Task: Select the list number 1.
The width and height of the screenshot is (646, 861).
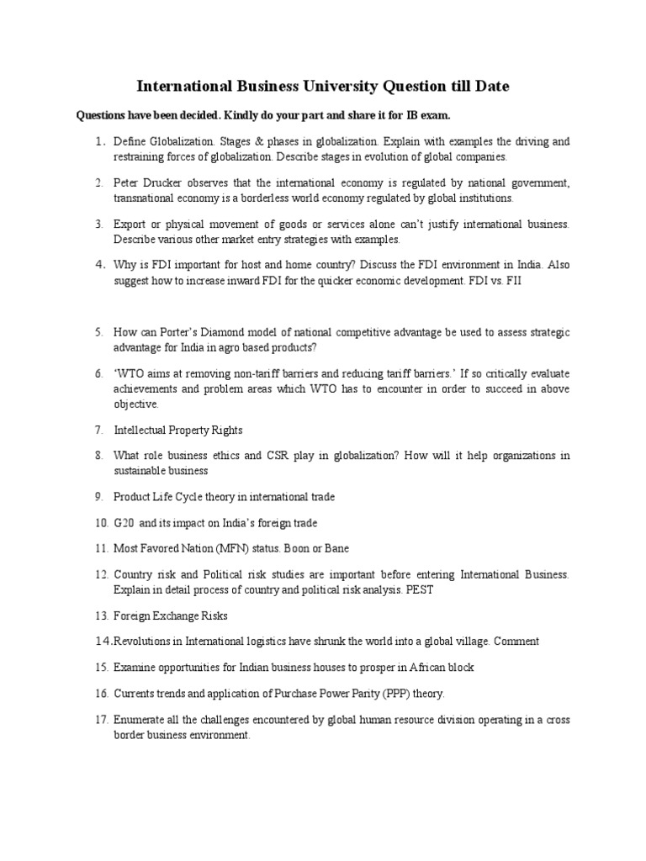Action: pos(98,142)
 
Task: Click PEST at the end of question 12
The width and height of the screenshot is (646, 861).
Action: pos(426,589)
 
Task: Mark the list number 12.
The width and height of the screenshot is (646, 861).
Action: pos(100,575)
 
